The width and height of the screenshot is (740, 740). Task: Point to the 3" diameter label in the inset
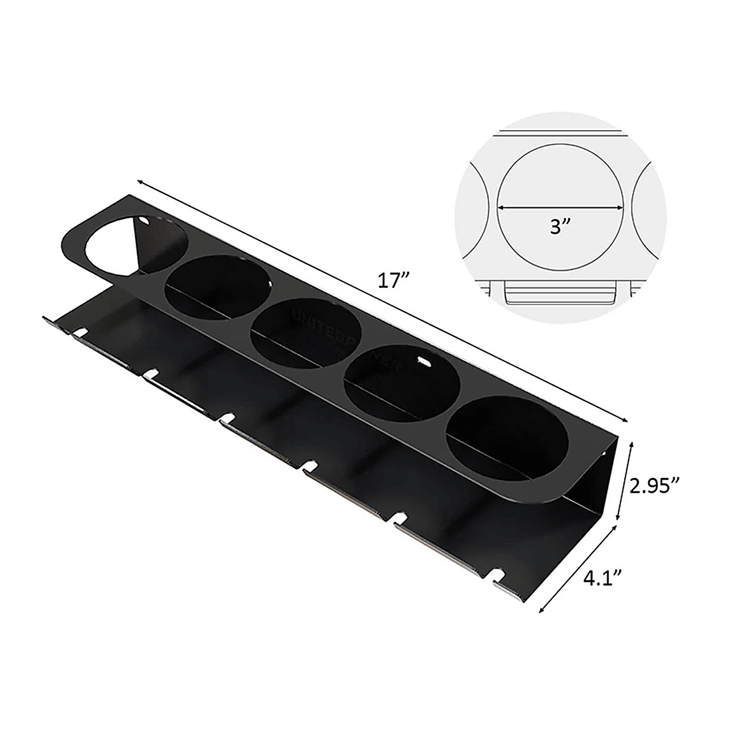coord(559,227)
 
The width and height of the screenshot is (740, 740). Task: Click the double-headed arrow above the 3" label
coord(560,208)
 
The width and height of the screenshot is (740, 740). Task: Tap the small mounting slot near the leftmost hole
coord(146,220)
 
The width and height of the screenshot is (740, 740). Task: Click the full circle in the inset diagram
coord(559,208)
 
